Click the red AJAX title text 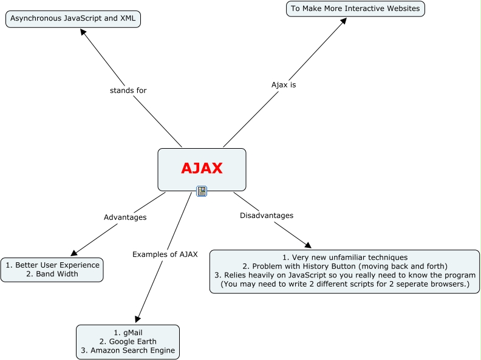coord(202,168)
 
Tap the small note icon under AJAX coord(202,191)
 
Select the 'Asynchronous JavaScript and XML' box coord(73,19)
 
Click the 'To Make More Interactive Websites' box coord(355,8)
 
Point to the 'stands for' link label coord(128,90)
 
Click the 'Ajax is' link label coord(284,85)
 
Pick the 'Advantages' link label coord(125,217)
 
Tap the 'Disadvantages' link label coord(267,216)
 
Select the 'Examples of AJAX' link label coord(165,254)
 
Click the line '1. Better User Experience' coord(52,265)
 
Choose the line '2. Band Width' coord(52,274)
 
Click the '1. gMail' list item coord(128,332)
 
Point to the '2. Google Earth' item coord(128,341)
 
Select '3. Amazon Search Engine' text coord(128,350)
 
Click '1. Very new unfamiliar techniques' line coord(345,257)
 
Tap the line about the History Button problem coord(345,267)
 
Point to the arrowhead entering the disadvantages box coord(308,245)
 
